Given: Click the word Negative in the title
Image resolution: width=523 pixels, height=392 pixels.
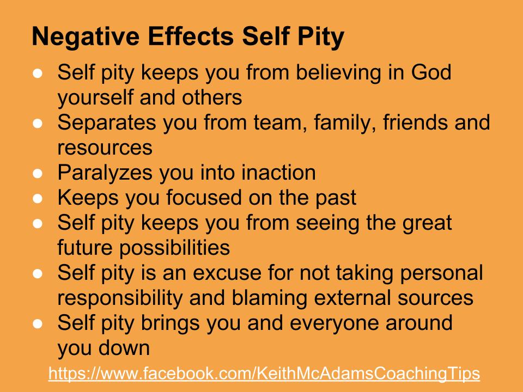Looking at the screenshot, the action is pyautogui.click(x=86, y=36).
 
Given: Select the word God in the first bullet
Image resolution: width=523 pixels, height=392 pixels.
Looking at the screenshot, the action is pyautogui.click(x=431, y=72).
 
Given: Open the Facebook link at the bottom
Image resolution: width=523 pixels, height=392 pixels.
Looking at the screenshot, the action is pyautogui.click(x=264, y=374).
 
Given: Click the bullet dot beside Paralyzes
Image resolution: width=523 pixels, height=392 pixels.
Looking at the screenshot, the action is pyautogui.click(x=38, y=173).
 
